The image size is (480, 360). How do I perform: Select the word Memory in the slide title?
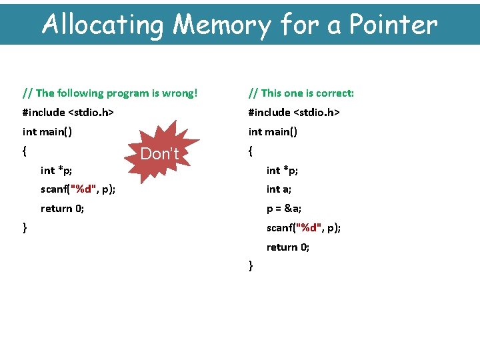tap(222, 25)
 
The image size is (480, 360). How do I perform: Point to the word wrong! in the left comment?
tap(180, 93)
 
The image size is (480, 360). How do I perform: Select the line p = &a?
tap(284, 209)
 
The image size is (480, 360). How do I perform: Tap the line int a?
tap(279, 189)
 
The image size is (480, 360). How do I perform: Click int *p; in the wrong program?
tap(57, 171)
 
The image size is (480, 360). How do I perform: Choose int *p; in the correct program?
tap(282, 171)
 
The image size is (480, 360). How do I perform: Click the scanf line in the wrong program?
tap(78, 189)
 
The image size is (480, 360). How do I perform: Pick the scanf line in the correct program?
tap(303, 228)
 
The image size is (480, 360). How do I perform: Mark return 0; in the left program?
tap(62, 209)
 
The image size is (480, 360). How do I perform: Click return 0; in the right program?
tap(288, 247)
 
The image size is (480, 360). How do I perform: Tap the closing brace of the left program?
tap(25, 228)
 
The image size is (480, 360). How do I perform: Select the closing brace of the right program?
tap(251, 266)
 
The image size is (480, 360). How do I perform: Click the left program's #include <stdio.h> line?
tap(68, 113)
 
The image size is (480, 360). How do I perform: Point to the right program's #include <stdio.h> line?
tap(294, 113)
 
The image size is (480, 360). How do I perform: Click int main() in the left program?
tap(47, 132)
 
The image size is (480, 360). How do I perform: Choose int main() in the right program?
tap(273, 132)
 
